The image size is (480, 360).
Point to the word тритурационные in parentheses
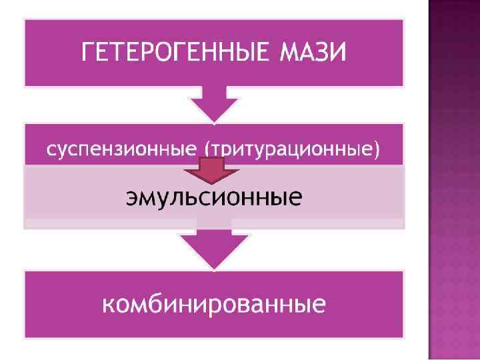tap(291, 150)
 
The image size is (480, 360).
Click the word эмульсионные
tap(214, 197)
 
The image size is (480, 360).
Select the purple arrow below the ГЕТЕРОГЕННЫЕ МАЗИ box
tap(214, 103)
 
